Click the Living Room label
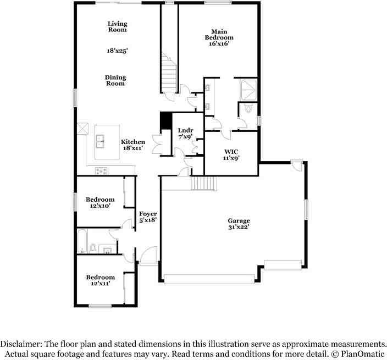tap(118, 26)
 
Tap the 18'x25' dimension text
tap(117, 51)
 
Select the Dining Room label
tap(115, 80)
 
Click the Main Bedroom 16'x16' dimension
tap(219, 44)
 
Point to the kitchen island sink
tap(99, 141)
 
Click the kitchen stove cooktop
tap(102, 171)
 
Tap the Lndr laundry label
tap(186, 130)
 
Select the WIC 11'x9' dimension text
tap(231, 158)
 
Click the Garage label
tap(239, 220)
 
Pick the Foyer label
tap(148, 214)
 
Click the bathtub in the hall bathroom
tap(82, 241)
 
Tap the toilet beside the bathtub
tap(93, 248)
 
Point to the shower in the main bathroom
tap(248, 90)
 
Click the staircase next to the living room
tap(169, 73)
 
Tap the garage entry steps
tap(204, 183)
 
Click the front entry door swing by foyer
tap(148, 256)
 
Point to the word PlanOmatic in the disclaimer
tap(362, 354)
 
